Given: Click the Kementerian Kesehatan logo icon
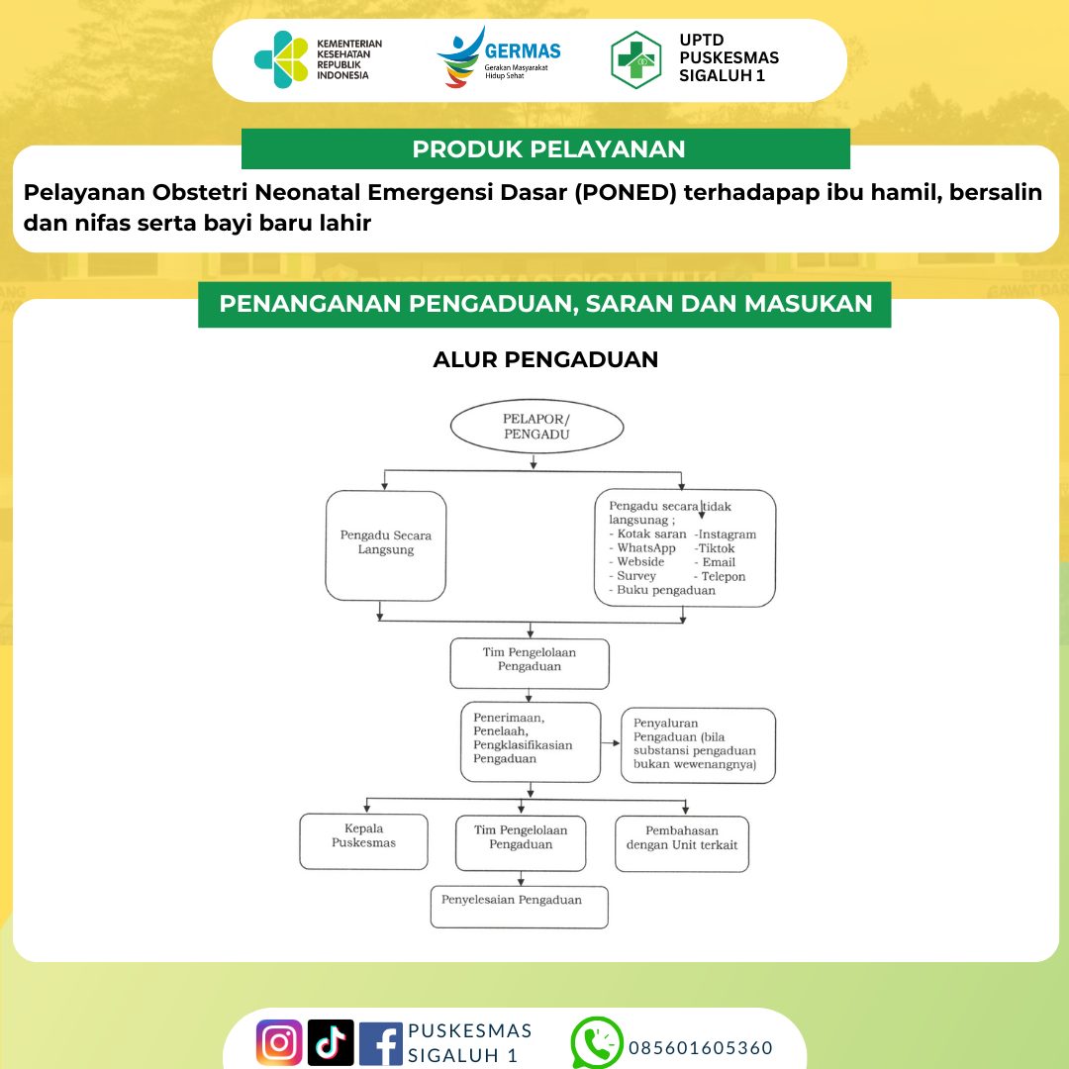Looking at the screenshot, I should tap(281, 60).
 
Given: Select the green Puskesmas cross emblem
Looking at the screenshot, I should tap(636, 60).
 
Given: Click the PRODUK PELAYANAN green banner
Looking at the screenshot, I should tap(546, 149).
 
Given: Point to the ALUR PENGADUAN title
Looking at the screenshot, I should tap(545, 359).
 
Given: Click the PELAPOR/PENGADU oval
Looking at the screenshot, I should tap(536, 427).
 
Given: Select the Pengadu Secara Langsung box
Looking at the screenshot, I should tap(386, 544).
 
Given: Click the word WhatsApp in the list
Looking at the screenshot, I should tap(646, 548).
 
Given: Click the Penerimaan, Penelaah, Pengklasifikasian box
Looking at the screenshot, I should tap(531, 741).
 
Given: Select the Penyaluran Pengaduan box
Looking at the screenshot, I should tap(698, 744).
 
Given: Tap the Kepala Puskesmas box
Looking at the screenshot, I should tap(364, 841).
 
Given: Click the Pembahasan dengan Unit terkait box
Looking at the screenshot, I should tap(682, 843).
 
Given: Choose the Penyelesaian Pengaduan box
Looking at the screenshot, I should tap(519, 906).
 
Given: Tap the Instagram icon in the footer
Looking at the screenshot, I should tap(279, 1042).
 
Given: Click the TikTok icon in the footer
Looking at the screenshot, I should tap(331, 1042).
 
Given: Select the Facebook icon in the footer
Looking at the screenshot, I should tap(381, 1042).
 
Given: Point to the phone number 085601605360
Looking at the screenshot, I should tap(700, 1048).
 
